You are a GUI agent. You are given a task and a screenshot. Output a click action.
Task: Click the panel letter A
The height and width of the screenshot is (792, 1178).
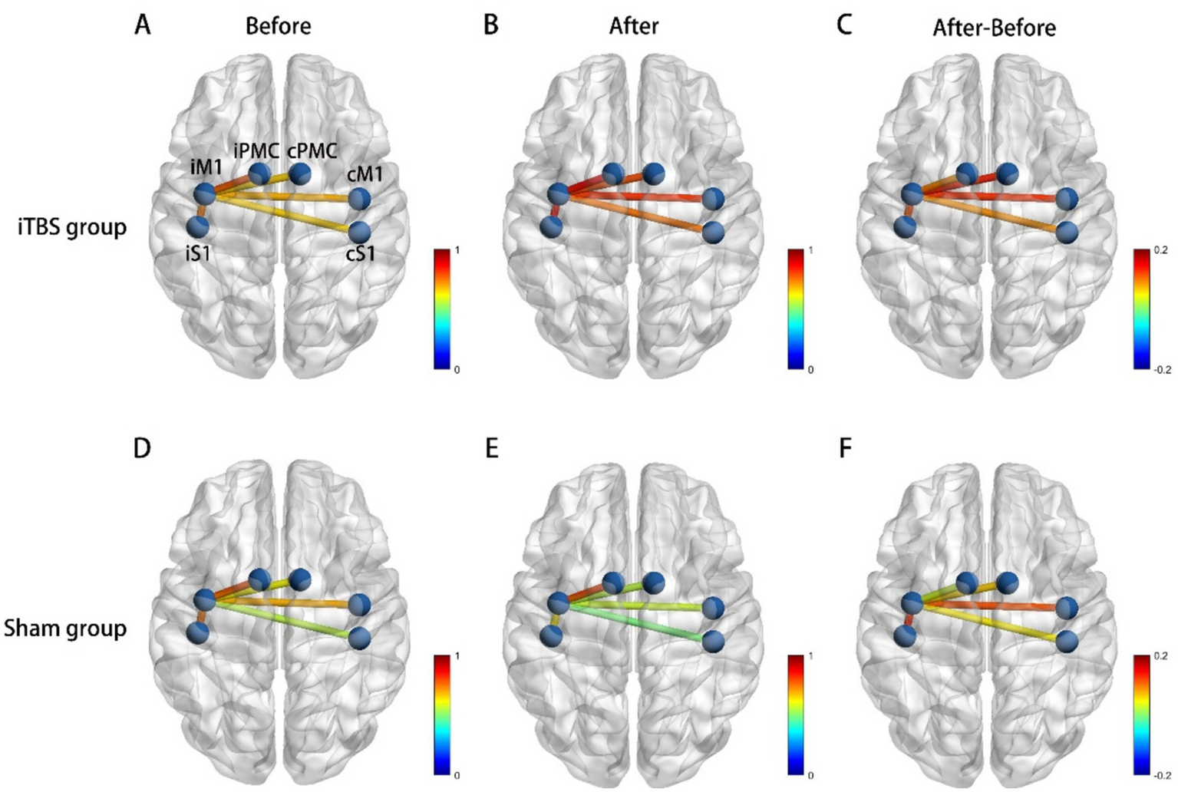pyautogui.click(x=142, y=25)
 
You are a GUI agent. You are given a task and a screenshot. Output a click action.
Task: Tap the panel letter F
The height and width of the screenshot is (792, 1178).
pyautogui.click(x=845, y=448)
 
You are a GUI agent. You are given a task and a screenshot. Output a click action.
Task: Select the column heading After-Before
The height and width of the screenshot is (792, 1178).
pyautogui.click(x=994, y=28)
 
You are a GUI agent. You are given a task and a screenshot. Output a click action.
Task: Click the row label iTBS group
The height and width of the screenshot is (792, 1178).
pyautogui.click(x=72, y=228)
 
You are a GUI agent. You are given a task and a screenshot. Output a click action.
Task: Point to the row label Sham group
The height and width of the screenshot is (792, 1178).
pyautogui.click(x=65, y=629)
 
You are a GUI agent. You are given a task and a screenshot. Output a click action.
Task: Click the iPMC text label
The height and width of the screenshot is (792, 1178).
pyautogui.click(x=256, y=150)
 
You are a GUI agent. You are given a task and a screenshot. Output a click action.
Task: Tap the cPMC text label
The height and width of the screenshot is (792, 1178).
pyautogui.click(x=312, y=151)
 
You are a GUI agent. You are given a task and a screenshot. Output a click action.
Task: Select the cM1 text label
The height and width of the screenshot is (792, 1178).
pyautogui.click(x=365, y=175)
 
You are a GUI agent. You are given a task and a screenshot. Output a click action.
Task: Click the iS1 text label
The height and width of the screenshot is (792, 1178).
pyautogui.click(x=197, y=252)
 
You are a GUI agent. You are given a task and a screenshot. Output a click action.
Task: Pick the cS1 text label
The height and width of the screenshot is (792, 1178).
pyautogui.click(x=360, y=252)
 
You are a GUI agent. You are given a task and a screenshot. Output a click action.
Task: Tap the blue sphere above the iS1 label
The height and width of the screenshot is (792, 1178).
pyautogui.click(x=198, y=227)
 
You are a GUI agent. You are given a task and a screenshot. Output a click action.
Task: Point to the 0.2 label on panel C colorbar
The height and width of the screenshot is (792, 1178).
pyautogui.click(x=1160, y=250)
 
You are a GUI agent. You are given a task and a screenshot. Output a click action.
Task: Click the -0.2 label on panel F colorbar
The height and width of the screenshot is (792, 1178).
pyautogui.click(x=1162, y=776)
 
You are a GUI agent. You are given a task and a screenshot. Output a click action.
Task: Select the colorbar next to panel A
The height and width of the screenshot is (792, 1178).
pyautogui.click(x=442, y=309)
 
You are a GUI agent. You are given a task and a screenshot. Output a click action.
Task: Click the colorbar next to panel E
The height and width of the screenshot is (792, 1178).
pyautogui.click(x=796, y=714)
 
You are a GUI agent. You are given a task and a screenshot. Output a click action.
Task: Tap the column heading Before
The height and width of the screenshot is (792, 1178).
pyautogui.click(x=278, y=26)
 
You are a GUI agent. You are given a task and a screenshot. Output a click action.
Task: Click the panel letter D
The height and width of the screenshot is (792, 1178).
pyautogui.click(x=142, y=448)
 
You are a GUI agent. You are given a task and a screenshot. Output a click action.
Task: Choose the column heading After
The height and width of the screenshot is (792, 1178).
pyautogui.click(x=633, y=26)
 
